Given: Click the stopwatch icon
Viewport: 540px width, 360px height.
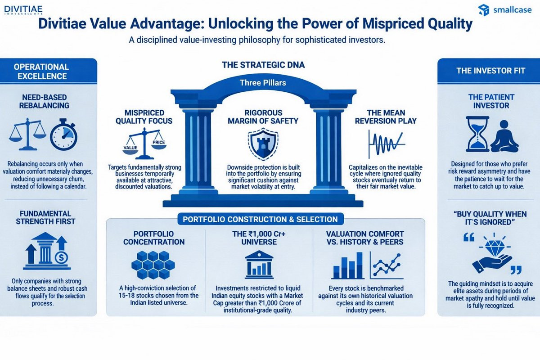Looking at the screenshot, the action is point(63,135).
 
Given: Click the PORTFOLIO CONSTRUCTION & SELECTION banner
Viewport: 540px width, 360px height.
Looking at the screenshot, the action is point(261,219).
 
